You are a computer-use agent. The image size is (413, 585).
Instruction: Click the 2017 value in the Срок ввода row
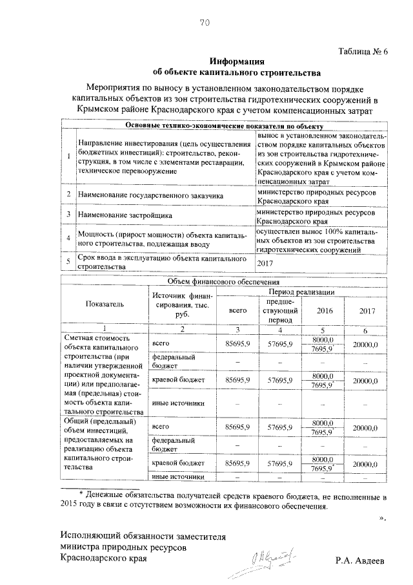266,263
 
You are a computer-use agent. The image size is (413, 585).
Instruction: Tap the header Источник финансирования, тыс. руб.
181,303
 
